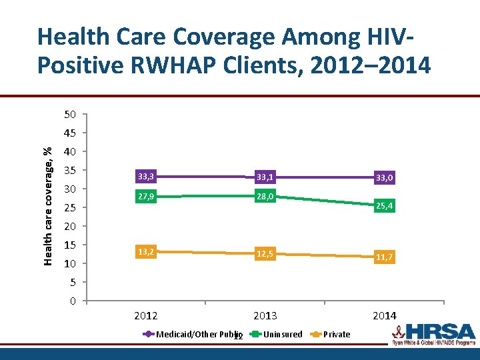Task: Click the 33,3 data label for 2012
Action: pyautogui.click(x=146, y=177)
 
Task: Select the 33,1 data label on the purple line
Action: pyautogui.click(x=265, y=177)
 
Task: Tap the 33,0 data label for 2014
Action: pyautogui.click(x=384, y=178)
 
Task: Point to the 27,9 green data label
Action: pyautogui.click(x=146, y=197)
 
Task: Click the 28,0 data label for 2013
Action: pyautogui.click(x=265, y=197)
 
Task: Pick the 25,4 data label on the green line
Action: pyautogui.click(x=384, y=207)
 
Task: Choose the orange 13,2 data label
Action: pyautogui.click(x=146, y=251)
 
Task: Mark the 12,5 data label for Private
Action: pyautogui.click(x=265, y=254)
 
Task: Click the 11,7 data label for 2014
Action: pyautogui.click(x=384, y=257)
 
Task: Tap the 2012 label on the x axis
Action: pyautogui.click(x=146, y=315)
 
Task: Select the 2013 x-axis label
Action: pyautogui.click(x=265, y=315)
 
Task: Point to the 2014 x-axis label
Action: pyautogui.click(x=384, y=315)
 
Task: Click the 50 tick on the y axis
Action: pyautogui.click(x=69, y=115)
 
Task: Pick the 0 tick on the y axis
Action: pyautogui.click(x=73, y=301)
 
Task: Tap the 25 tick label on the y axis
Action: pyautogui.click(x=69, y=208)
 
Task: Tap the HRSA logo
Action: pyautogui.click(x=433, y=335)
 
